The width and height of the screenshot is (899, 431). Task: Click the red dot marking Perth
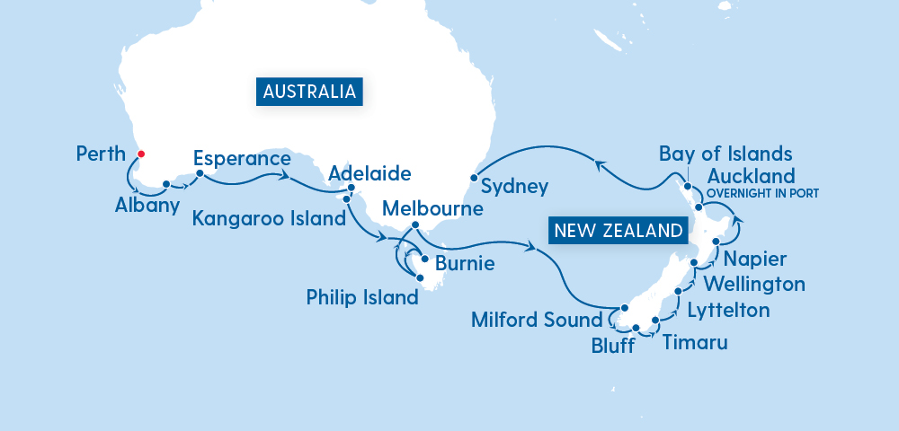click(141, 154)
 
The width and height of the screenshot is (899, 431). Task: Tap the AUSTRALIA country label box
click(310, 92)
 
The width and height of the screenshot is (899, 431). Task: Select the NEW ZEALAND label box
click(618, 231)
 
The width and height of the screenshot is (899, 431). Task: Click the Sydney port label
click(514, 187)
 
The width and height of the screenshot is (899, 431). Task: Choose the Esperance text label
click(242, 159)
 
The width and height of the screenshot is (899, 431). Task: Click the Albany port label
click(147, 205)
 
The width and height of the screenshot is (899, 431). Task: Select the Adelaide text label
click(369, 172)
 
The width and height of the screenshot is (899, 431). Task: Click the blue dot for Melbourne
click(414, 224)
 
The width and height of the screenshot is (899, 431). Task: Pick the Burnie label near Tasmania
click(465, 265)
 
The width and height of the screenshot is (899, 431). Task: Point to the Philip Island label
click(362, 297)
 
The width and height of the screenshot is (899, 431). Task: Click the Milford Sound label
click(536, 320)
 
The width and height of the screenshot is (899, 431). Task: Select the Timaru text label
click(695, 343)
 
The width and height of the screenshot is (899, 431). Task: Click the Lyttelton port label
click(728, 311)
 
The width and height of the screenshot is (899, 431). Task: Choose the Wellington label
click(754, 285)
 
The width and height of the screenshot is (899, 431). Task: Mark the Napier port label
click(756, 259)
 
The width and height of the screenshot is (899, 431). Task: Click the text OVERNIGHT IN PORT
click(764, 193)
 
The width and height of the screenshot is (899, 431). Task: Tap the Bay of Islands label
click(725, 153)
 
